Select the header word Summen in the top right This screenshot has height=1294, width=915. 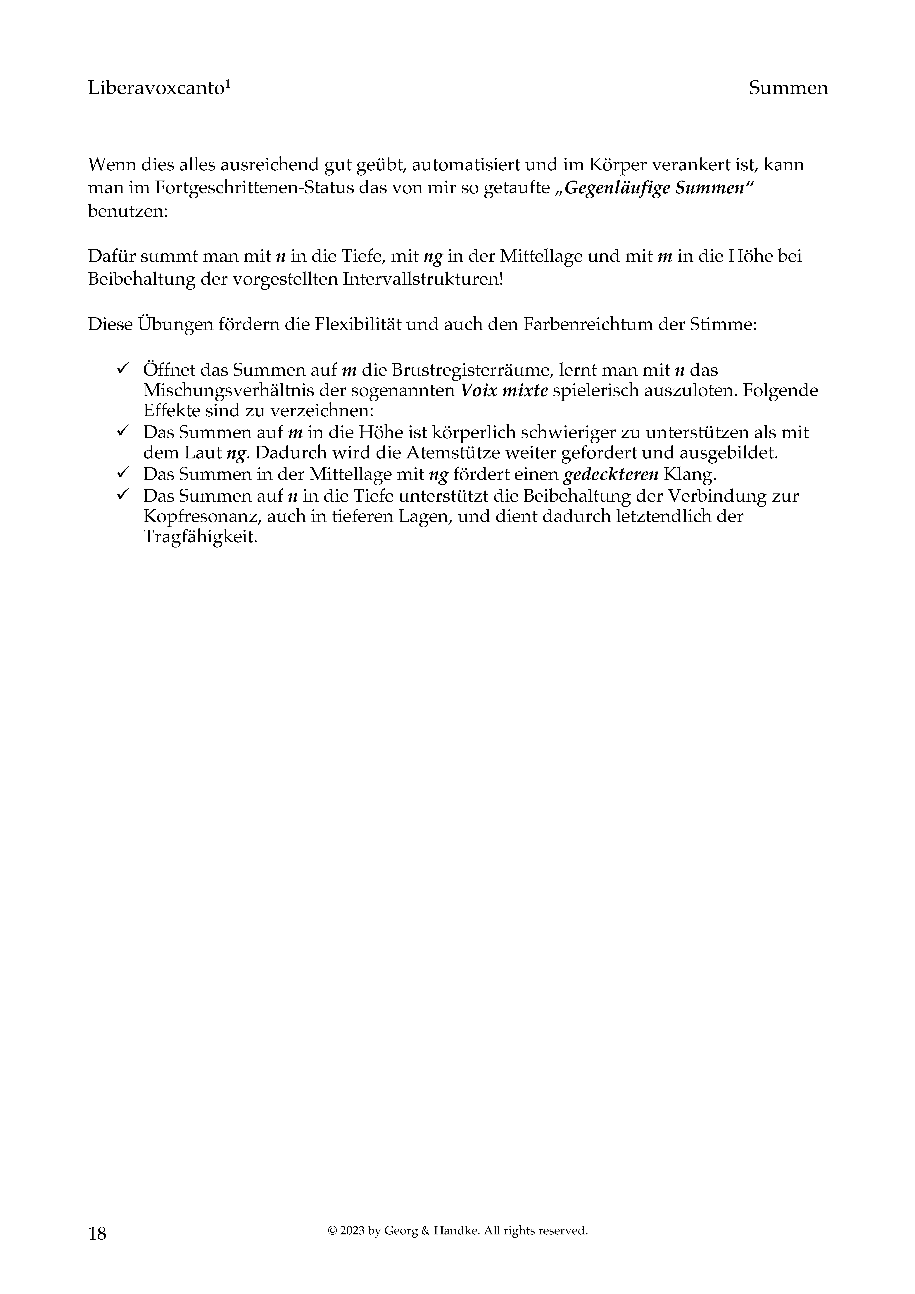788,89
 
